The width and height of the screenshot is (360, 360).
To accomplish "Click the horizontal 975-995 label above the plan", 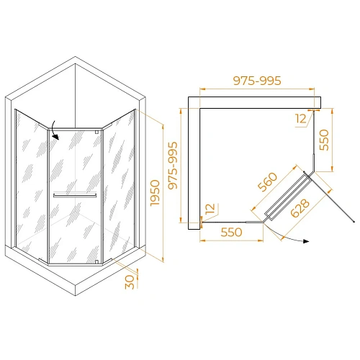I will pyautogui.click(x=257, y=81).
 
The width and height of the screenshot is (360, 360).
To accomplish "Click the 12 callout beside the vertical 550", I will pyautogui.click(x=300, y=117).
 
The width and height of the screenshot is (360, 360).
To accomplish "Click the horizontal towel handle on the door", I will pyautogui.click(x=75, y=194).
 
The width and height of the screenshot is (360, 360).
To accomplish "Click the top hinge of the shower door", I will pyautogui.click(x=98, y=135).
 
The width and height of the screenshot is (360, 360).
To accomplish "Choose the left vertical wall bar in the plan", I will pyautogui.click(x=192, y=168).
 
